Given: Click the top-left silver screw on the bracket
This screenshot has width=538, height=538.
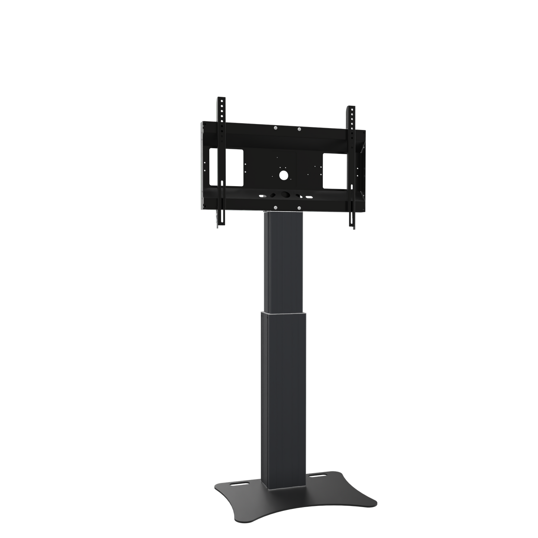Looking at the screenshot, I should [275, 128].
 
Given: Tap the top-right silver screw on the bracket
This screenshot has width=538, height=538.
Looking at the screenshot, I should [299, 129].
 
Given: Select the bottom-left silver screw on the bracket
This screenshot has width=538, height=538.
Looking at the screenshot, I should [275, 207].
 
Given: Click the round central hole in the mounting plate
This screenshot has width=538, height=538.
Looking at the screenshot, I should [284, 174].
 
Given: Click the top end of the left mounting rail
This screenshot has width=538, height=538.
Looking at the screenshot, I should [220, 98].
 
